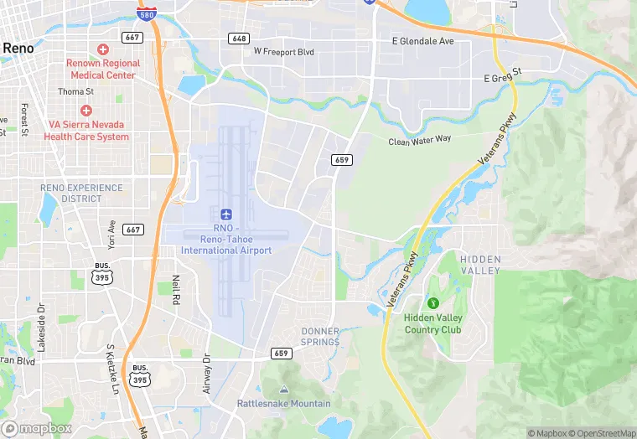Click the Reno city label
click(x=18, y=49)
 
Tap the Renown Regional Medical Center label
click(x=101, y=69)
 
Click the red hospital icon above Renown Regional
click(x=103, y=49)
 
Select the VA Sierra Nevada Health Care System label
click(x=86, y=131)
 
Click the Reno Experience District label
click(x=82, y=193)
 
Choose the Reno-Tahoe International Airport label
click(x=226, y=240)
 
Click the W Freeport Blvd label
click(x=283, y=52)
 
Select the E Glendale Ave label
click(x=422, y=41)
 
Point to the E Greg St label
click(x=502, y=78)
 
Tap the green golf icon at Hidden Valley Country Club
click(x=433, y=302)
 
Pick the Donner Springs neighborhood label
click(x=320, y=337)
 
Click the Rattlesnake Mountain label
click(x=283, y=403)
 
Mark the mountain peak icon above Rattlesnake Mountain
click(x=283, y=390)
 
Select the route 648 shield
click(x=240, y=39)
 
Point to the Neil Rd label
click(x=176, y=289)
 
